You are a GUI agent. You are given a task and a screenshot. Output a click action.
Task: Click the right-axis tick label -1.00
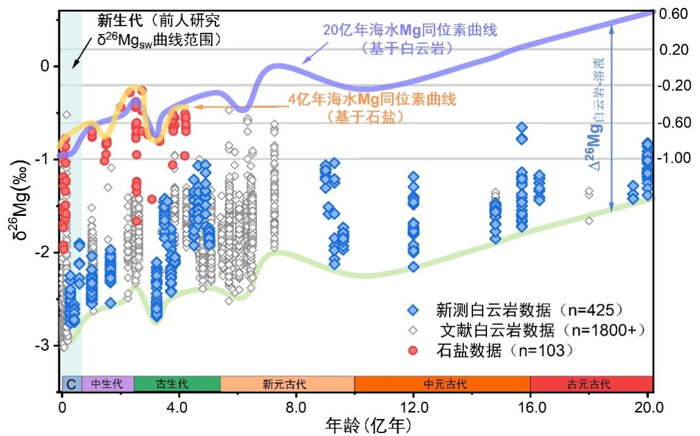click(x=674, y=159)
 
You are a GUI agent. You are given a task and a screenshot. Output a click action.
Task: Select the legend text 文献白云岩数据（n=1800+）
click(x=540, y=330)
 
